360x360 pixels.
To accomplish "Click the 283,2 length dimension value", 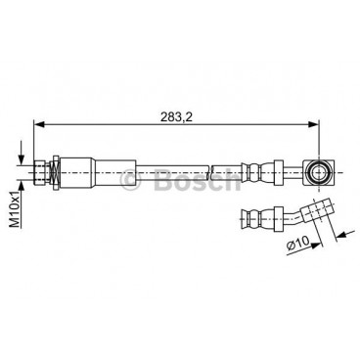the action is (x=176, y=116).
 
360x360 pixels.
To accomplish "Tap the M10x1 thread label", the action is (x=14, y=208).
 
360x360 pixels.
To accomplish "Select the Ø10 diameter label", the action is (x=297, y=244).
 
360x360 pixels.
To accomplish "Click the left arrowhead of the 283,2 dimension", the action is (x=39, y=124).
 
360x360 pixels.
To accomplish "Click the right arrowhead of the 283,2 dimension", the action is (x=313, y=124).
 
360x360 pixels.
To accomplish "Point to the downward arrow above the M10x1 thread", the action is (x=22, y=154).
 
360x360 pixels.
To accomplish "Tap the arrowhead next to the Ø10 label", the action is (x=314, y=246).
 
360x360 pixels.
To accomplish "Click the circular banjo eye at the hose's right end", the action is (x=317, y=172).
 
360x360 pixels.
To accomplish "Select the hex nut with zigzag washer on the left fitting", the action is (x=55, y=172).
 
